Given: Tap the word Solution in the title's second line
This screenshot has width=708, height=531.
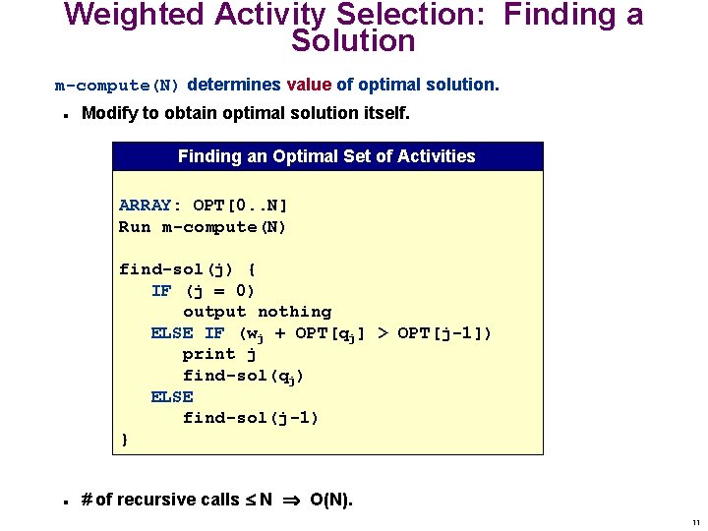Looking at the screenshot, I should [x=353, y=42].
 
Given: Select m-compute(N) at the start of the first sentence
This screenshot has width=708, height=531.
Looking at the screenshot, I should [x=117, y=86].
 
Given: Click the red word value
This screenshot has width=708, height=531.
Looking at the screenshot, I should [x=308, y=85].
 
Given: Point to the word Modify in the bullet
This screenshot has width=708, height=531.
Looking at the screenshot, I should [x=109, y=113].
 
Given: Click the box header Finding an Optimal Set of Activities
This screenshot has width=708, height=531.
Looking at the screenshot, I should [x=326, y=156].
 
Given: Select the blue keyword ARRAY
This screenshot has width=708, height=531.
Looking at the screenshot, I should [x=145, y=206].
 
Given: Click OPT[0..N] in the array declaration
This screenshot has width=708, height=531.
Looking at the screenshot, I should [x=240, y=206].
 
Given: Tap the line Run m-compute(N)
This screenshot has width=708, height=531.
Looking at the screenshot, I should [x=203, y=227].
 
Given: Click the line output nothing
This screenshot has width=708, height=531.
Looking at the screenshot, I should [x=257, y=312].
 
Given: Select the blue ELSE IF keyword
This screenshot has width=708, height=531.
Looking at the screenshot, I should [x=187, y=333].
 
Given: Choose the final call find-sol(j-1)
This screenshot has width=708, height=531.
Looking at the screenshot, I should [x=251, y=418].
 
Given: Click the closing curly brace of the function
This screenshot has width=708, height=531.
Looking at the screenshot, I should [x=124, y=440].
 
